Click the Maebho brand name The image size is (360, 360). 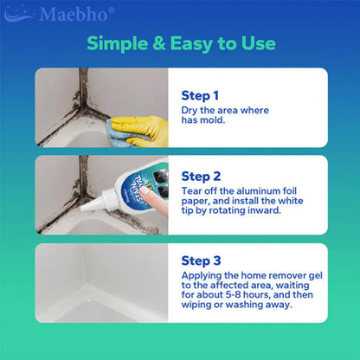coord(74,15)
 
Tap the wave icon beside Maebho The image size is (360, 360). coord(19,15)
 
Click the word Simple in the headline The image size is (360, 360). coord(118,44)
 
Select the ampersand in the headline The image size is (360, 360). coord(159,43)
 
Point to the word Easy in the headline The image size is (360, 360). coord(191,44)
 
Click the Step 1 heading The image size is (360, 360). coord(200,96)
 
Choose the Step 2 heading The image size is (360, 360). coord(201,177)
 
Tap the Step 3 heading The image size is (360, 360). coord(201,260)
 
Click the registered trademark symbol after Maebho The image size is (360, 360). coord(111,10)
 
